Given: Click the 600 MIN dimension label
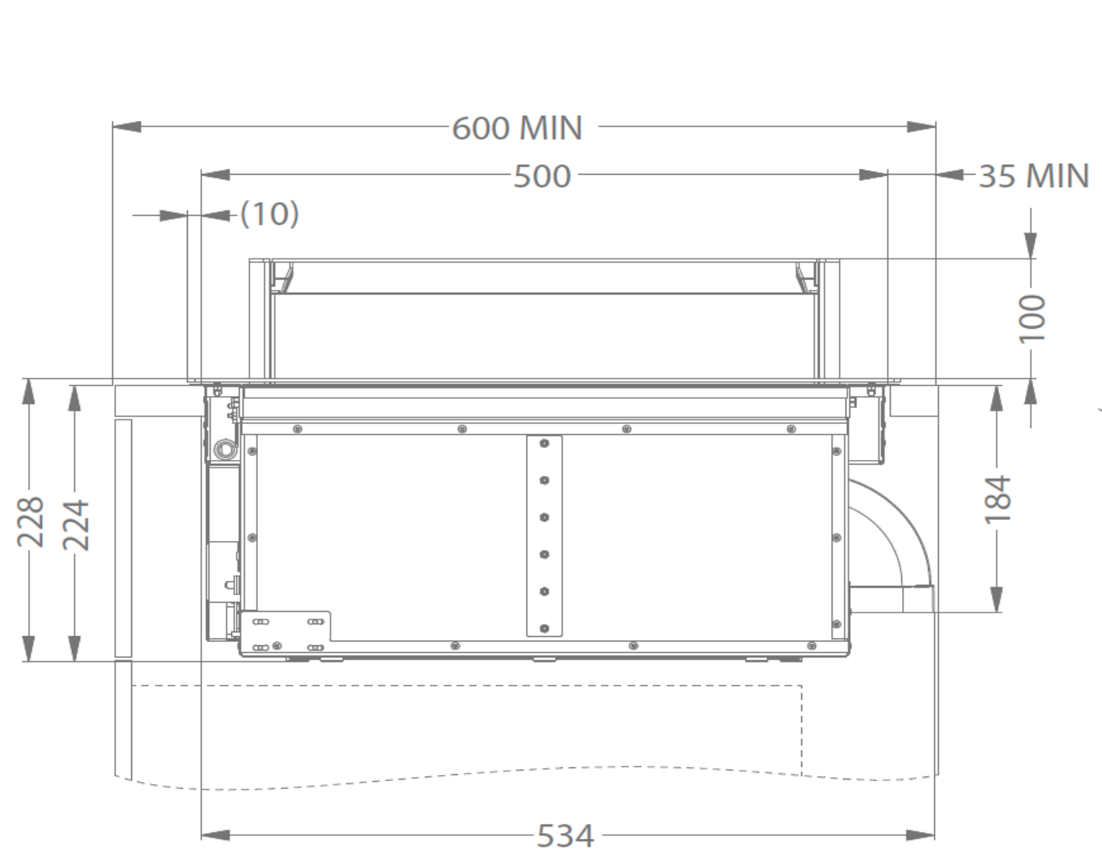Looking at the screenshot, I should click(517, 128).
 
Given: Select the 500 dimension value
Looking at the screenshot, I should click(542, 176).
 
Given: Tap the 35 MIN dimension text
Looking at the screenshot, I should click(1033, 176).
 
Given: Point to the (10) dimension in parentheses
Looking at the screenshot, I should click(269, 214).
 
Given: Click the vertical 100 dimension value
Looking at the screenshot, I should click(1031, 318).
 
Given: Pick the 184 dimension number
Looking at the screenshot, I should click(997, 500).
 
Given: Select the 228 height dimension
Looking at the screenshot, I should click(31, 522).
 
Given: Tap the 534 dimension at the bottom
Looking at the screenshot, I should click(565, 836).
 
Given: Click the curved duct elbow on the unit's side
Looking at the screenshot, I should click(893, 534).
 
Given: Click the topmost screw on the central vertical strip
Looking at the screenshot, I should click(544, 443).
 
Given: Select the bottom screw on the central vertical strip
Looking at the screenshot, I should click(544, 629).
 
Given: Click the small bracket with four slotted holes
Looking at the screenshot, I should click(286, 633).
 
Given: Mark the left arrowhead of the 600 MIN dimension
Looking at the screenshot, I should click(126, 127).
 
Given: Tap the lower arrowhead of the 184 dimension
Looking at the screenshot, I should click(997, 599).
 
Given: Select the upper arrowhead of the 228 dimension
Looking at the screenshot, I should click(29, 391).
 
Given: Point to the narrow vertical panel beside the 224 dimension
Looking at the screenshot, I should click(123, 538).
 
